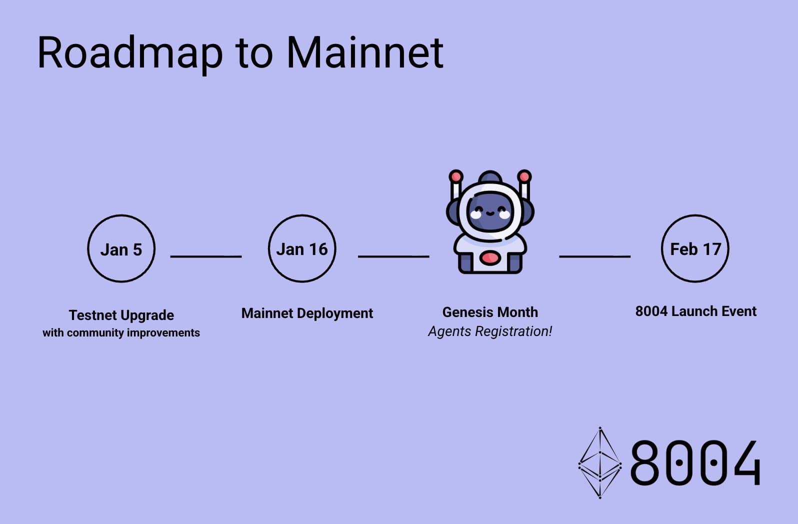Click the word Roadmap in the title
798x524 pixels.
point(130,53)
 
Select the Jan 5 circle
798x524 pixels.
point(121,249)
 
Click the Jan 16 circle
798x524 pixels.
point(302,249)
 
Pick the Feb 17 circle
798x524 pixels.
point(695,249)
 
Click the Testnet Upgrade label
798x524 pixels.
point(121,315)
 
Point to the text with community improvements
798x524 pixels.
point(121,333)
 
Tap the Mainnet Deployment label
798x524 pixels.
point(307,313)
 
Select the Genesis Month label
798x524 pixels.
point(490,312)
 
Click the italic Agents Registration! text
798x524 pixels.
point(490,331)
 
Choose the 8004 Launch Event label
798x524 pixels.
point(695,311)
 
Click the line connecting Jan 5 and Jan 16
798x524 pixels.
point(206,256)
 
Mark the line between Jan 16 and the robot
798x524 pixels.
point(393,256)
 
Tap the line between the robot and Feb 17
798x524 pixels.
point(594,256)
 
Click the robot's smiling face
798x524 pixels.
point(490,212)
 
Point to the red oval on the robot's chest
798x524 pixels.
point(490,258)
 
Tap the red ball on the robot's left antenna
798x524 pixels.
point(455,176)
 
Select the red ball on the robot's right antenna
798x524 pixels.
point(524,176)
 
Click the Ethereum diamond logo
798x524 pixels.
point(600,463)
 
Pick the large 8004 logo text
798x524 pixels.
point(695,463)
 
